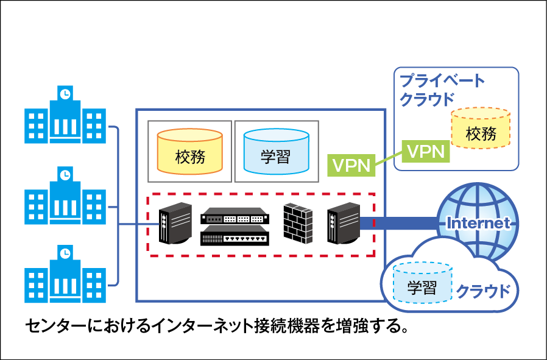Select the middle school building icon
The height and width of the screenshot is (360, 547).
65,196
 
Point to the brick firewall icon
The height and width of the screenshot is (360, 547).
298,224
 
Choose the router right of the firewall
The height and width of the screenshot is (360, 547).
342,224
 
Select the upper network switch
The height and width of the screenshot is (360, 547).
235,215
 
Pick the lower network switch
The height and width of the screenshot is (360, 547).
235,235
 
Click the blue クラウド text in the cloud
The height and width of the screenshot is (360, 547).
482,291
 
